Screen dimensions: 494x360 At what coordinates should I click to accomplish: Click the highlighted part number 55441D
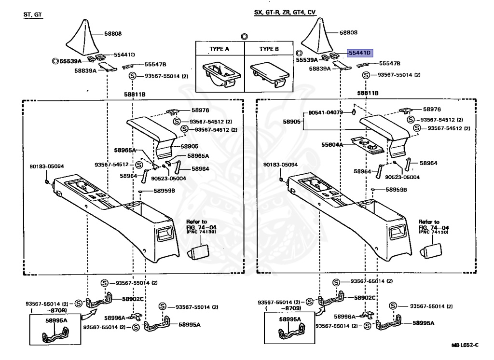click(360, 53)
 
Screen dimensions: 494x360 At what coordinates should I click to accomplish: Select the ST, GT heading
click(33, 14)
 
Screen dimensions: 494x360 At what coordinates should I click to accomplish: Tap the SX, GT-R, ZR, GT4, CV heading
click(285, 12)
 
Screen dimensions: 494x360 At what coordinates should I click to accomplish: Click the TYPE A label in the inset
click(220, 49)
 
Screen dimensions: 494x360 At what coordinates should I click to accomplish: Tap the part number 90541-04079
click(326, 112)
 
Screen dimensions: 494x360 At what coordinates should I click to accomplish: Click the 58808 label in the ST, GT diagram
click(113, 33)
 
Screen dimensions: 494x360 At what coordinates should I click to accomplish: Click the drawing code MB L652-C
click(465, 345)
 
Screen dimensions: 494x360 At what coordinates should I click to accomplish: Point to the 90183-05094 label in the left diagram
click(47, 166)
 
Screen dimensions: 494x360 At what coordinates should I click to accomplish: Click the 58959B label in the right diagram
click(397, 190)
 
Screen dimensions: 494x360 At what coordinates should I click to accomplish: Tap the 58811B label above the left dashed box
click(135, 94)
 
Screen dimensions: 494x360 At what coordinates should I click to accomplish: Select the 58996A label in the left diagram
click(115, 318)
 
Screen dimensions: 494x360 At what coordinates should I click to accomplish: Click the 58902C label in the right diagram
click(365, 298)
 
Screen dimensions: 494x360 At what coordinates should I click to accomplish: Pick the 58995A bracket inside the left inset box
click(55, 335)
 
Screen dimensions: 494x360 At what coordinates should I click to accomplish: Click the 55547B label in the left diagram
click(155, 64)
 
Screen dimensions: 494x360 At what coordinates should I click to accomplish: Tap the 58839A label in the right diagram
click(320, 69)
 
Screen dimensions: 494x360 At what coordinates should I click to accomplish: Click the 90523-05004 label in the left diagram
click(168, 179)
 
